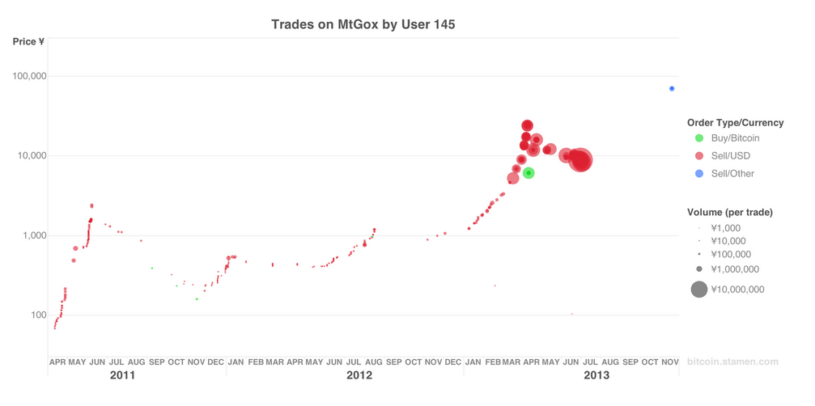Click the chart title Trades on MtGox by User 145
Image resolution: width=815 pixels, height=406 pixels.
pos(363,24)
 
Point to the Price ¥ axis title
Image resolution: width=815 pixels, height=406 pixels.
pos(28,42)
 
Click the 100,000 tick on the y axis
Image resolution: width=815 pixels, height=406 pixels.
pos(28,76)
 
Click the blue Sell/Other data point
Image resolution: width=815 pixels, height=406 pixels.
pos(672,89)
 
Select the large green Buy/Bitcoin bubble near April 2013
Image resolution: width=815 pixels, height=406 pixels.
pos(528,173)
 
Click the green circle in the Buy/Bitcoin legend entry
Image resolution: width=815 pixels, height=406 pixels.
pos(699,138)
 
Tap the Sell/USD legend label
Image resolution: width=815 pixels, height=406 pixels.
pos(730,156)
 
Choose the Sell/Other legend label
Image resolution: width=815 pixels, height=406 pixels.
pos(732,174)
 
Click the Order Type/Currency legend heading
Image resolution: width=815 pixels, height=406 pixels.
pos(735,123)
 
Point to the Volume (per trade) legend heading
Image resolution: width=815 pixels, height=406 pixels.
pos(729,213)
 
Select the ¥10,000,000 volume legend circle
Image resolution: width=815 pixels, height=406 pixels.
pos(699,290)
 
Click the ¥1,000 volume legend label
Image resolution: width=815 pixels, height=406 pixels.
pos(726,229)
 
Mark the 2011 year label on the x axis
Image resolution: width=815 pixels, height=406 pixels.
pos(122,376)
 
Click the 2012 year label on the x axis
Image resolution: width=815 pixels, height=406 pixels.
pos(359,376)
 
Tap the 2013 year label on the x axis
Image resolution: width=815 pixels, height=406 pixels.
pos(596,376)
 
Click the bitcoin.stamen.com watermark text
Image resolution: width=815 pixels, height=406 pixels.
pos(732,362)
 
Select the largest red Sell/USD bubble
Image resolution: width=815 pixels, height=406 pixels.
pos(580,161)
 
